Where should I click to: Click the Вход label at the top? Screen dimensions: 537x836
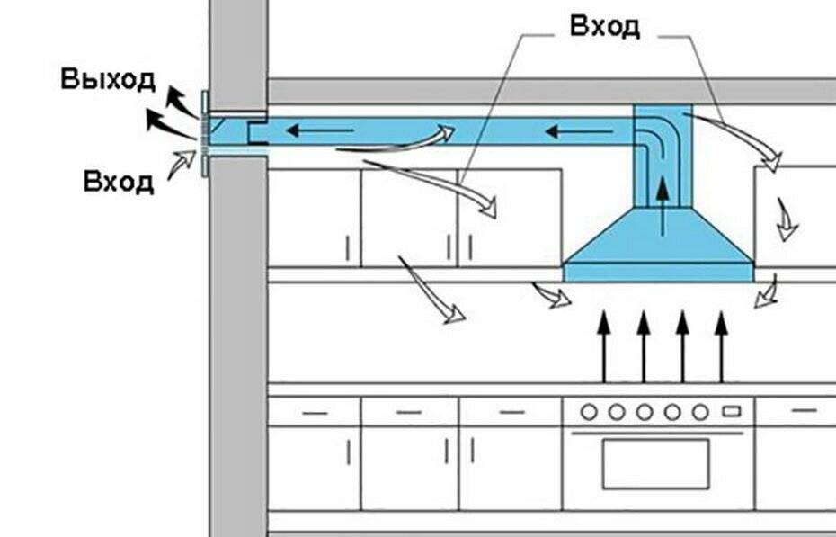605,26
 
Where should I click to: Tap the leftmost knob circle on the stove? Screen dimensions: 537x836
589,412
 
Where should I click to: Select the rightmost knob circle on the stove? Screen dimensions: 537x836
700,412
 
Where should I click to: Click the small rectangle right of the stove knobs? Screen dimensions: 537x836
732,412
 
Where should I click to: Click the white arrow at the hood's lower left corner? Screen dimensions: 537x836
549,296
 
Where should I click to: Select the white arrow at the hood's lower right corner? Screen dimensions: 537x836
767,293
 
